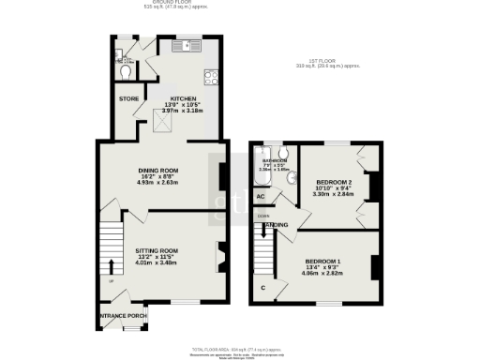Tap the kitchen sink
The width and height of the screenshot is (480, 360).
[188, 43]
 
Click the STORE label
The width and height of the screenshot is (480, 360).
[127, 97]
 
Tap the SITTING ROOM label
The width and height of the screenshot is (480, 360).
[157, 251]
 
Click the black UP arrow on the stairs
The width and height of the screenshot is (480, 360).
[111, 265]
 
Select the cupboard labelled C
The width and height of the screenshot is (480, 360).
[263, 287]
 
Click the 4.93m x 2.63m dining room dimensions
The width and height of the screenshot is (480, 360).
[157, 183]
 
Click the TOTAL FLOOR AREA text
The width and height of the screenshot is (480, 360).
[239, 347]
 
